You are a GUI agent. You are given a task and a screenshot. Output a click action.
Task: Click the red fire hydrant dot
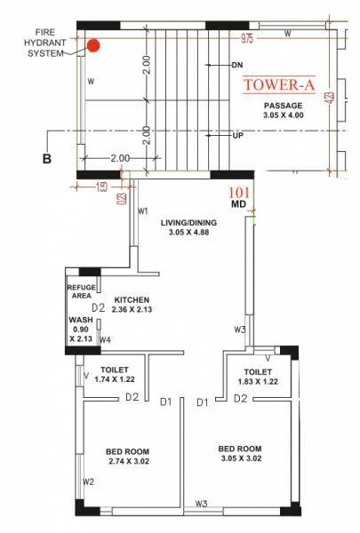click(x=92, y=44)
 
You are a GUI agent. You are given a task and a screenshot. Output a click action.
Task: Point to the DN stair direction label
click(x=237, y=65)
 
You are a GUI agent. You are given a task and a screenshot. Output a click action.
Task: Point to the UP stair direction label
click(x=236, y=136)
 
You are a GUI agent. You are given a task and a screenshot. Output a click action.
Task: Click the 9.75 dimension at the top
click(x=247, y=38)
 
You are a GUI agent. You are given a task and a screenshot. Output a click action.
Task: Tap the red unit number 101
click(x=239, y=192)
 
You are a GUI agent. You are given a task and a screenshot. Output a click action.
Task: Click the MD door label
click(x=238, y=204)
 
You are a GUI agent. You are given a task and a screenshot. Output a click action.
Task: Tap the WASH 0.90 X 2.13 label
click(x=80, y=329)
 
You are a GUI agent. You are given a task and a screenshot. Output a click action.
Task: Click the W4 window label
click(x=104, y=339)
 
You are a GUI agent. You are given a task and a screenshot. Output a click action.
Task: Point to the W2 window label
click(x=88, y=481)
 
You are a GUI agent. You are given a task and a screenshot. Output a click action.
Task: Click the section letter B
click(x=45, y=159)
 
